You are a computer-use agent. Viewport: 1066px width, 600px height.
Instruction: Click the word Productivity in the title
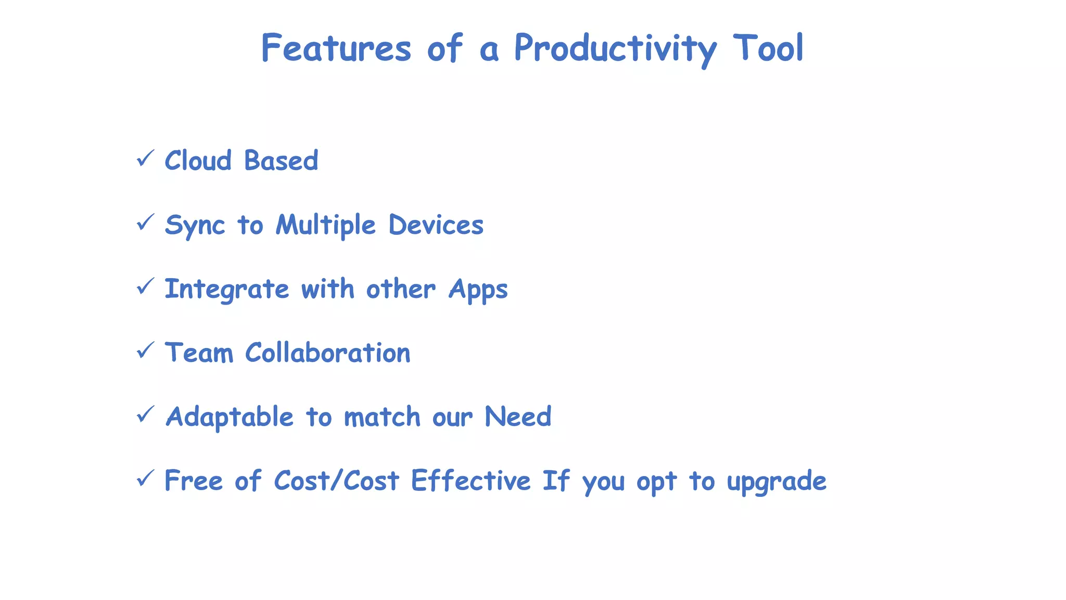(x=615, y=48)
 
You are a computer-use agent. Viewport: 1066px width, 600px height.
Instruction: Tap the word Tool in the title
(x=768, y=48)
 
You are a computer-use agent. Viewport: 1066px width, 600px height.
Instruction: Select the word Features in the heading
(x=336, y=48)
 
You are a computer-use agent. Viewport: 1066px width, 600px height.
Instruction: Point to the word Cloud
(x=198, y=160)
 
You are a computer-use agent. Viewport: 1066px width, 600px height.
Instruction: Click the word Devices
(x=436, y=225)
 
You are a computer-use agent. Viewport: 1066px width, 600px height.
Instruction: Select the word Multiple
(x=325, y=225)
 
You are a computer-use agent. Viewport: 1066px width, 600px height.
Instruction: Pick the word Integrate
(x=226, y=290)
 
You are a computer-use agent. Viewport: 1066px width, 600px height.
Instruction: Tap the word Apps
(x=478, y=290)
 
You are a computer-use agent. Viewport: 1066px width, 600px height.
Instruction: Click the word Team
(x=199, y=353)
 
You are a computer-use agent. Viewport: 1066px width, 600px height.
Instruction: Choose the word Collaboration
(x=327, y=353)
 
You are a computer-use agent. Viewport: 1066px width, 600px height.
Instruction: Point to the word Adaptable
(x=230, y=417)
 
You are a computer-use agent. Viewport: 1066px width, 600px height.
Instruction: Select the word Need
(x=517, y=417)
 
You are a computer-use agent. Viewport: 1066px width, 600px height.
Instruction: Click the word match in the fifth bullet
(x=382, y=417)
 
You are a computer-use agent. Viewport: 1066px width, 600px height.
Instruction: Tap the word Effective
(x=471, y=480)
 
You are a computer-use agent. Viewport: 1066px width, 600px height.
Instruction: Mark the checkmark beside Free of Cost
(x=145, y=478)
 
